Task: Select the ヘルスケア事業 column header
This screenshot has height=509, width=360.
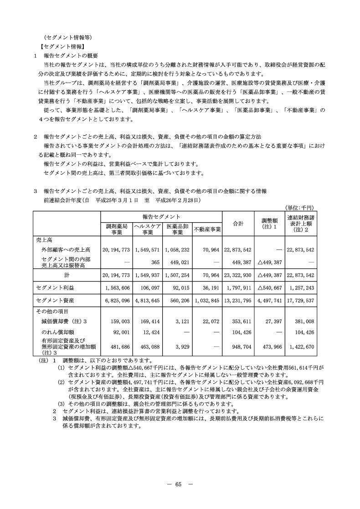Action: click(x=147, y=229)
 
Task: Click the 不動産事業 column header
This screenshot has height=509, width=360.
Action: click(x=207, y=229)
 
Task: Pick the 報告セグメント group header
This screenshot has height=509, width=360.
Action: click(x=161, y=217)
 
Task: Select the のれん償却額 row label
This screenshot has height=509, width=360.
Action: click(x=56, y=332)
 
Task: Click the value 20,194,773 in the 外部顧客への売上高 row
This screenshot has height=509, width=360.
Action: click(x=117, y=250)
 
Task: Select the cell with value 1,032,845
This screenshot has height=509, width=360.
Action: click(x=206, y=300)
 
